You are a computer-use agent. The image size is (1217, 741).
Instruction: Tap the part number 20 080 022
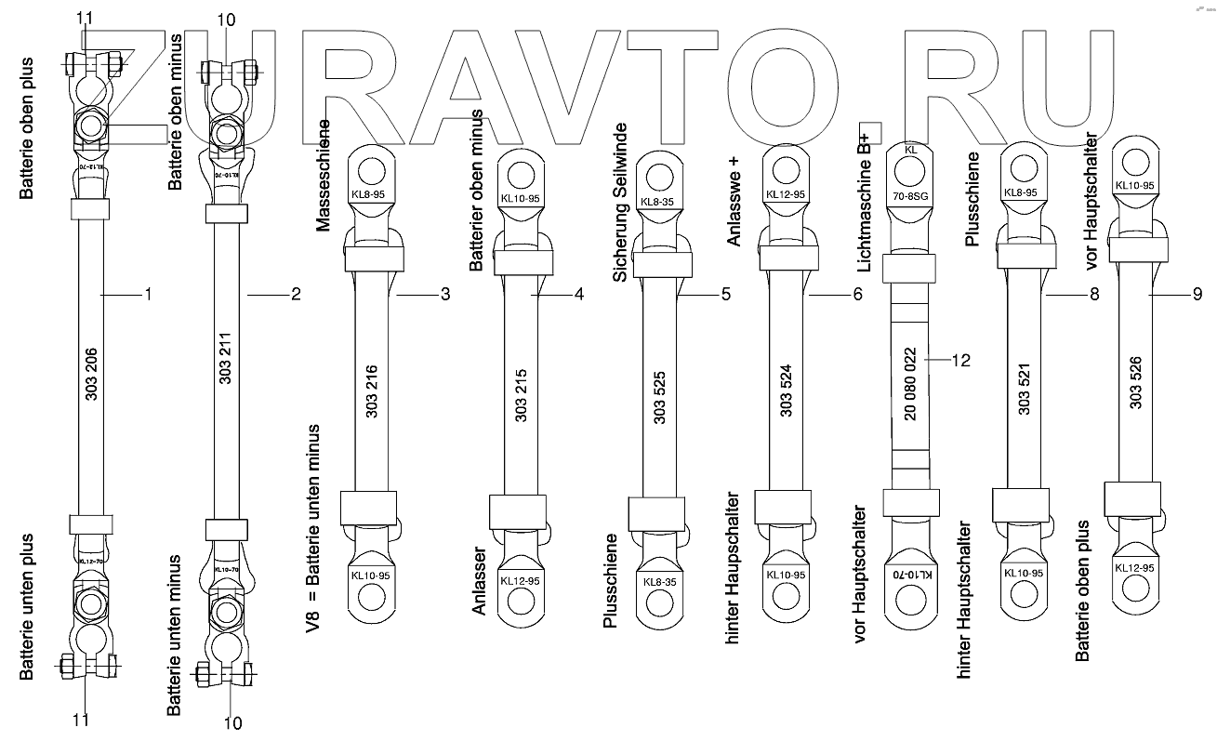pos(910,384)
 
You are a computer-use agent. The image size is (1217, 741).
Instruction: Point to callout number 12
pos(960,359)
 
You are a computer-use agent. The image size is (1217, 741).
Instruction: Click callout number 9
pos(1197,295)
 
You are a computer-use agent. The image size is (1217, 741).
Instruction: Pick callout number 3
pos(445,295)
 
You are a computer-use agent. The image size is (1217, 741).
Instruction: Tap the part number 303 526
pos(1134,383)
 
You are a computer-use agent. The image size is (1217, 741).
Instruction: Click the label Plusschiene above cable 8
pos(972,198)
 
